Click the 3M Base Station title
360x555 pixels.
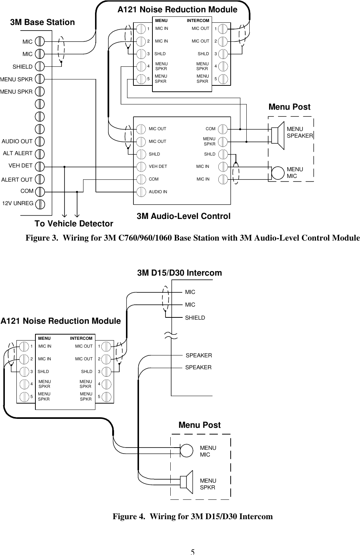(x=42, y=22)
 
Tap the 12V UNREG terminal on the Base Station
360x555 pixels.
(x=40, y=204)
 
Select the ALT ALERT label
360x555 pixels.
(x=18, y=153)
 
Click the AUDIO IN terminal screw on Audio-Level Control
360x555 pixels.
(x=141, y=192)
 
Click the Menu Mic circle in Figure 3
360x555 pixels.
(x=278, y=173)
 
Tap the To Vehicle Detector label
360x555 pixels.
(x=74, y=224)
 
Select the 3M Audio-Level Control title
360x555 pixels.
(x=183, y=216)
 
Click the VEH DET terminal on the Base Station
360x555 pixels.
(x=40, y=166)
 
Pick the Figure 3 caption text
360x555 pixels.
(x=192, y=238)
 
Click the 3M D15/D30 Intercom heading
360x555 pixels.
(x=179, y=273)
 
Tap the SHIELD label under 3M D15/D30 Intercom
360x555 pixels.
(x=195, y=318)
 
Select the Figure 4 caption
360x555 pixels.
(x=193, y=517)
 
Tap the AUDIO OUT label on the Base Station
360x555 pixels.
(x=17, y=141)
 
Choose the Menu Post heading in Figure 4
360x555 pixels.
(x=199, y=425)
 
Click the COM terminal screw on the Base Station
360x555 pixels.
(x=40, y=191)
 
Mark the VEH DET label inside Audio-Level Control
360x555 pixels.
(x=158, y=167)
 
